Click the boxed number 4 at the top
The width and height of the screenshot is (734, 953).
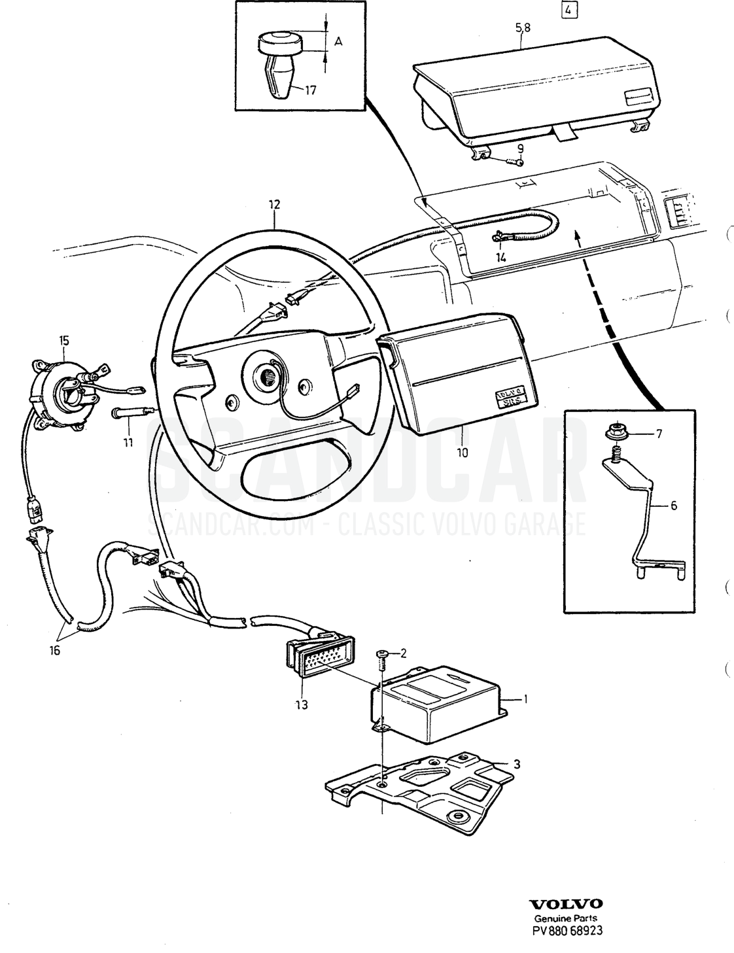tap(568, 10)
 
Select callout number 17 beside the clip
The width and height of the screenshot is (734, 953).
tap(310, 91)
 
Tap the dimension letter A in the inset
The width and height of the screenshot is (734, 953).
tap(338, 42)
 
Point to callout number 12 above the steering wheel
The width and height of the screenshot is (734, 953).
tap(275, 204)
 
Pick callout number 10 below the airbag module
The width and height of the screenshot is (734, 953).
tap(463, 453)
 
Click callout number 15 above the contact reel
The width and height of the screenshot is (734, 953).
tap(64, 340)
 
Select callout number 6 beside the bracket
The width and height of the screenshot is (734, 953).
tap(674, 506)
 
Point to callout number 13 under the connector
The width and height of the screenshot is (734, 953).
tap(302, 704)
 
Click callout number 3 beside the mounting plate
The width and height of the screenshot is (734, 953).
tap(517, 765)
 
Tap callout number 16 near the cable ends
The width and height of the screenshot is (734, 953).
tap(54, 650)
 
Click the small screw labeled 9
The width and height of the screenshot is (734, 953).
tap(514, 162)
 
